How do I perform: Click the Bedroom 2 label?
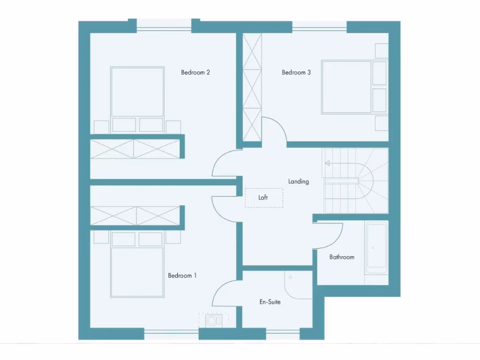pyautogui.click(x=195, y=72)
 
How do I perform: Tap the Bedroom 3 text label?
pyautogui.click(x=296, y=72)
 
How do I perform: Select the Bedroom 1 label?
pyautogui.click(x=182, y=276)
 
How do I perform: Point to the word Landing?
pyautogui.click(x=299, y=181)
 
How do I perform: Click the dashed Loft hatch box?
pyautogui.click(x=264, y=198)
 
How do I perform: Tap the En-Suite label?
pyautogui.click(x=270, y=302)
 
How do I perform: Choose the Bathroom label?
pyautogui.click(x=342, y=257)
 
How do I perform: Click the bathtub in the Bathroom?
pyautogui.click(x=377, y=248)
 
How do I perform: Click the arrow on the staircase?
pyautogui.click(x=327, y=164)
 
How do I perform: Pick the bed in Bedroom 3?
pyautogui.click(x=347, y=87)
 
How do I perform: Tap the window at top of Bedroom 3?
pyautogui.click(x=319, y=26)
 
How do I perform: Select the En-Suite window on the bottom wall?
pyautogui.click(x=283, y=334)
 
